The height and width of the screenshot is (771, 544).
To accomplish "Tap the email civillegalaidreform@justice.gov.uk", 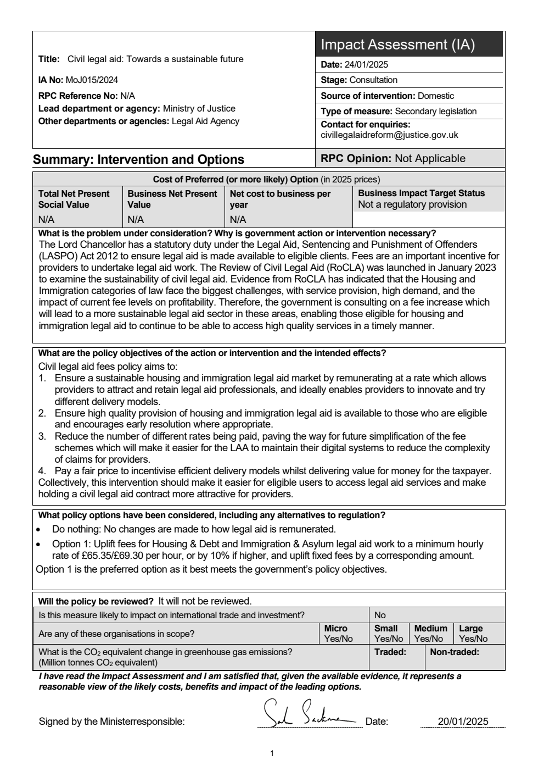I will (x=389, y=135).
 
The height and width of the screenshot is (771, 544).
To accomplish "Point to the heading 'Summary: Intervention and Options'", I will (x=138, y=160).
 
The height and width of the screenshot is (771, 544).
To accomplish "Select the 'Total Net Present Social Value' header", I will (x=74, y=199).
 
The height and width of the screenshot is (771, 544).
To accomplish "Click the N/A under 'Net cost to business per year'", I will (x=238, y=220).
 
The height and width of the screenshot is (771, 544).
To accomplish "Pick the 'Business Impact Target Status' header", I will (x=421, y=193).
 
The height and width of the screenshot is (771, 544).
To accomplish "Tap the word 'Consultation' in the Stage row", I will (x=373, y=80).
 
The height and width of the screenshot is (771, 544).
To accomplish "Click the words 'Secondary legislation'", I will (x=436, y=111).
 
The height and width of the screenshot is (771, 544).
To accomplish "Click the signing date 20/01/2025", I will (x=463, y=722).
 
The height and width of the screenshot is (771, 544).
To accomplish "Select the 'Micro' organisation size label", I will (x=335, y=628).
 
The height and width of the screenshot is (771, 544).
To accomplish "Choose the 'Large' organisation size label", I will (x=470, y=628).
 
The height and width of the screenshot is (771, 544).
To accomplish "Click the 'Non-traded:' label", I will (x=454, y=652).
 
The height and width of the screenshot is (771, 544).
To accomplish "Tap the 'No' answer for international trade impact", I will (x=380, y=615).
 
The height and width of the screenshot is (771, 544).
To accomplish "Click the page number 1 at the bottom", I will (x=272, y=753).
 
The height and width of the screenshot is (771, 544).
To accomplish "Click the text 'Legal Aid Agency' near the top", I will (x=205, y=121).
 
